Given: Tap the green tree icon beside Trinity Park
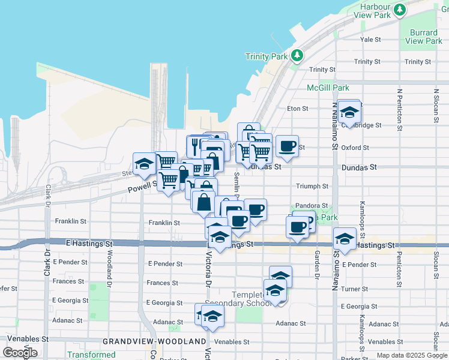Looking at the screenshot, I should pyautogui.click(x=297, y=56).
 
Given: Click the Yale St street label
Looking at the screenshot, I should pyautogui.click(x=370, y=40).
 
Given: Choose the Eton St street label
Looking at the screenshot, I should pyautogui.click(x=298, y=109).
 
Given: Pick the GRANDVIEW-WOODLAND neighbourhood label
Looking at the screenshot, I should pyautogui.click(x=154, y=341).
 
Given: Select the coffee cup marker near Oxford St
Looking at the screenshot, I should pyautogui.click(x=287, y=146).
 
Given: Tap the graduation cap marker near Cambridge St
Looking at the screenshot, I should pyautogui.click(x=349, y=112).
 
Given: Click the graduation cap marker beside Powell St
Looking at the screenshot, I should pyautogui.click(x=144, y=164).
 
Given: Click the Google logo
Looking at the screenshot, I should pyautogui.click(x=20, y=353).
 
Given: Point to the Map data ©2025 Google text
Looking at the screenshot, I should pyautogui.click(x=411, y=355).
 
